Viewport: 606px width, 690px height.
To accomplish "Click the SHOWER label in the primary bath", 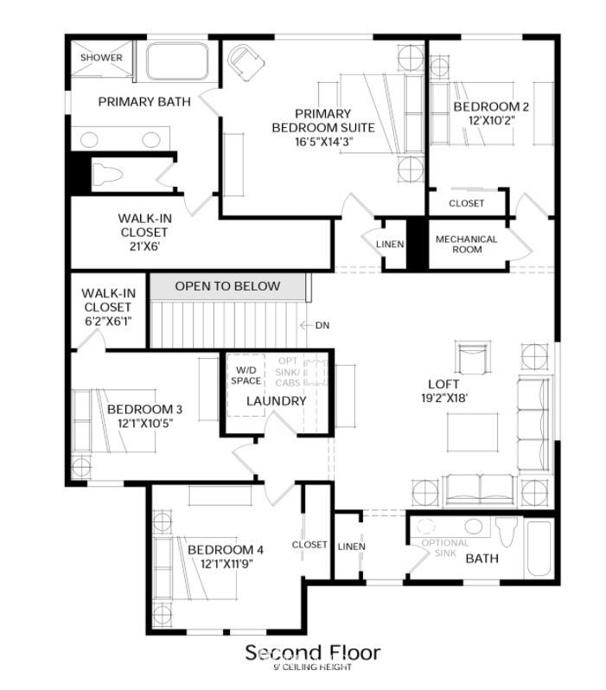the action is [x=101, y=58].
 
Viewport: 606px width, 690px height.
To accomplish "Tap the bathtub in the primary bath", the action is [x=177, y=61].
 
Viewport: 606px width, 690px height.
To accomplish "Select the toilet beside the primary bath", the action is [x=107, y=174].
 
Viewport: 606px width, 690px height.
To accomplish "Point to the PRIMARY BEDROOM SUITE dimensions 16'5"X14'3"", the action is [x=324, y=142].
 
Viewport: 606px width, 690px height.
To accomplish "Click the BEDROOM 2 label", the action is [x=491, y=106].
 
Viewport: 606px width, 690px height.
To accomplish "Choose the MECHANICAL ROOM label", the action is [x=467, y=244].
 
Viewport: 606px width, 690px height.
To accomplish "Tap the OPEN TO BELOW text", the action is [x=227, y=286].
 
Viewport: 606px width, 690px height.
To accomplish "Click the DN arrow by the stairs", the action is [x=306, y=326].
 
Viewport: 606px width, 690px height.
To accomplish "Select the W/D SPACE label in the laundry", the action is [x=246, y=375].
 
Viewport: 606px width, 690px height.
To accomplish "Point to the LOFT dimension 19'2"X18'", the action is [x=444, y=398].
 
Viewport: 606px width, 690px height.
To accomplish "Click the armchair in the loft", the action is [x=473, y=357].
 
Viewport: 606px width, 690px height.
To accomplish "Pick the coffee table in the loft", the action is [x=473, y=432].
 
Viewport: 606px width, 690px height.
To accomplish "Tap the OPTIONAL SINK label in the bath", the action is [x=445, y=548].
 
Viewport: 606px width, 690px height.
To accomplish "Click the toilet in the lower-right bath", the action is [x=507, y=530].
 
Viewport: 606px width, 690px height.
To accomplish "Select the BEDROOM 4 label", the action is [x=226, y=550].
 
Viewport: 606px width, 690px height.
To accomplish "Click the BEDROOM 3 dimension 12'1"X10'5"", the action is [x=144, y=424].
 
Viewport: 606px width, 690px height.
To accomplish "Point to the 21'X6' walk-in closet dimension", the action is [x=144, y=246].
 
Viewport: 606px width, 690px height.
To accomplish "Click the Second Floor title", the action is [x=312, y=652].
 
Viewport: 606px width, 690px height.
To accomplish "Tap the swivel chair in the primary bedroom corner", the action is [x=246, y=62].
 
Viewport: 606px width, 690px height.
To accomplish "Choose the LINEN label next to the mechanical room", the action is [x=390, y=244].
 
